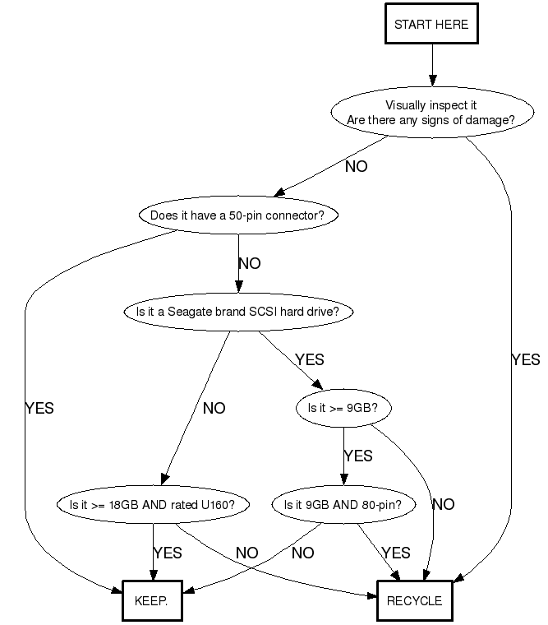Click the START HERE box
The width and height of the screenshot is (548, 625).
pyautogui.click(x=431, y=25)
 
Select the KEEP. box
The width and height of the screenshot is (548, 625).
pyautogui.click(x=150, y=600)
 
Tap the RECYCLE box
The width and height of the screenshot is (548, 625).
pyautogui.click(x=414, y=600)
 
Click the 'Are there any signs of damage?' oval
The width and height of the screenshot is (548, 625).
pyautogui.click(x=431, y=113)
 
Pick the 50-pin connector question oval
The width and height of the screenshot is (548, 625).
pyautogui.click(x=238, y=216)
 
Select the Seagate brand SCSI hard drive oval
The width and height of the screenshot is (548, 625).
pyautogui.click(x=238, y=312)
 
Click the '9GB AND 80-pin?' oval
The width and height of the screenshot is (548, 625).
pyautogui.click(x=343, y=505)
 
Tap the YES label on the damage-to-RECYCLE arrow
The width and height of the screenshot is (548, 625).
pyautogui.click(x=526, y=359)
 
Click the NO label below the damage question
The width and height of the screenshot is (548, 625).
pyautogui.click(x=356, y=167)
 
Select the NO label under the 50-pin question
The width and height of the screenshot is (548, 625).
pyautogui.click(x=249, y=264)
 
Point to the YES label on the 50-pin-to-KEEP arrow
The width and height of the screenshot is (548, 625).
pyautogui.click(x=39, y=408)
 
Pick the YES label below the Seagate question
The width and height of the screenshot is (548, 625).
pyautogui.click(x=309, y=360)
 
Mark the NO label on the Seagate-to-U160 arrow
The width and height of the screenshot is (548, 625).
pyautogui.click(x=214, y=408)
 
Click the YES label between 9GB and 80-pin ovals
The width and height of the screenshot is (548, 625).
pyautogui.click(x=357, y=456)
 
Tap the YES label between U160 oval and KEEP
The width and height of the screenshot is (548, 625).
pyautogui.click(x=168, y=553)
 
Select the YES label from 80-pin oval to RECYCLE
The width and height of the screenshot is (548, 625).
pyautogui.click(x=396, y=553)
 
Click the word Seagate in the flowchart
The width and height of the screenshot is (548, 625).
pyautogui.click(x=186, y=312)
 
